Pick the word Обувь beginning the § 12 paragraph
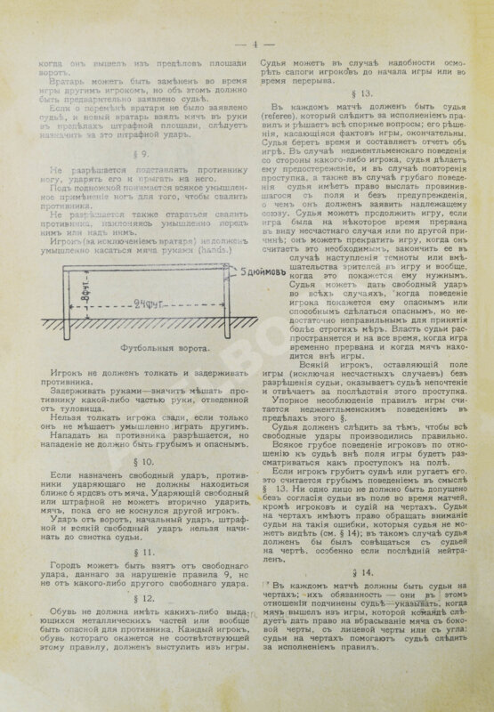point(67,610)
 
